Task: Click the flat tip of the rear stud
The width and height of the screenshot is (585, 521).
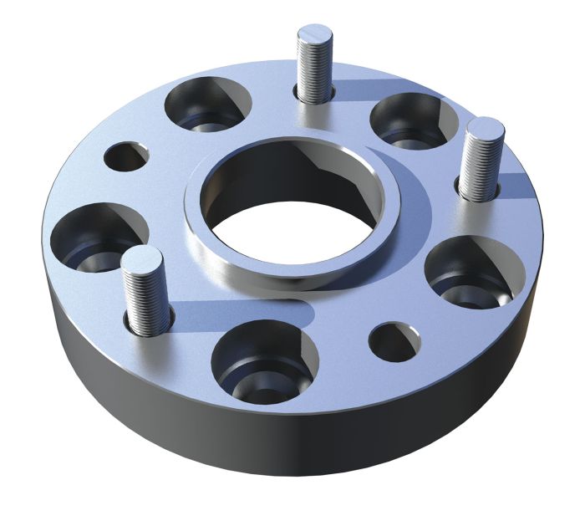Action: [x=314, y=36]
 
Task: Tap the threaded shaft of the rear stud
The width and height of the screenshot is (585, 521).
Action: [x=314, y=71]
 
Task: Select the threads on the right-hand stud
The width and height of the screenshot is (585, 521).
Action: [x=482, y=167]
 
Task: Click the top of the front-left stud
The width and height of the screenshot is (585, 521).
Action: [x=141, y=258]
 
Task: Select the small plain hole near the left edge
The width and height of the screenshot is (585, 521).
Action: [x=126, y=156]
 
